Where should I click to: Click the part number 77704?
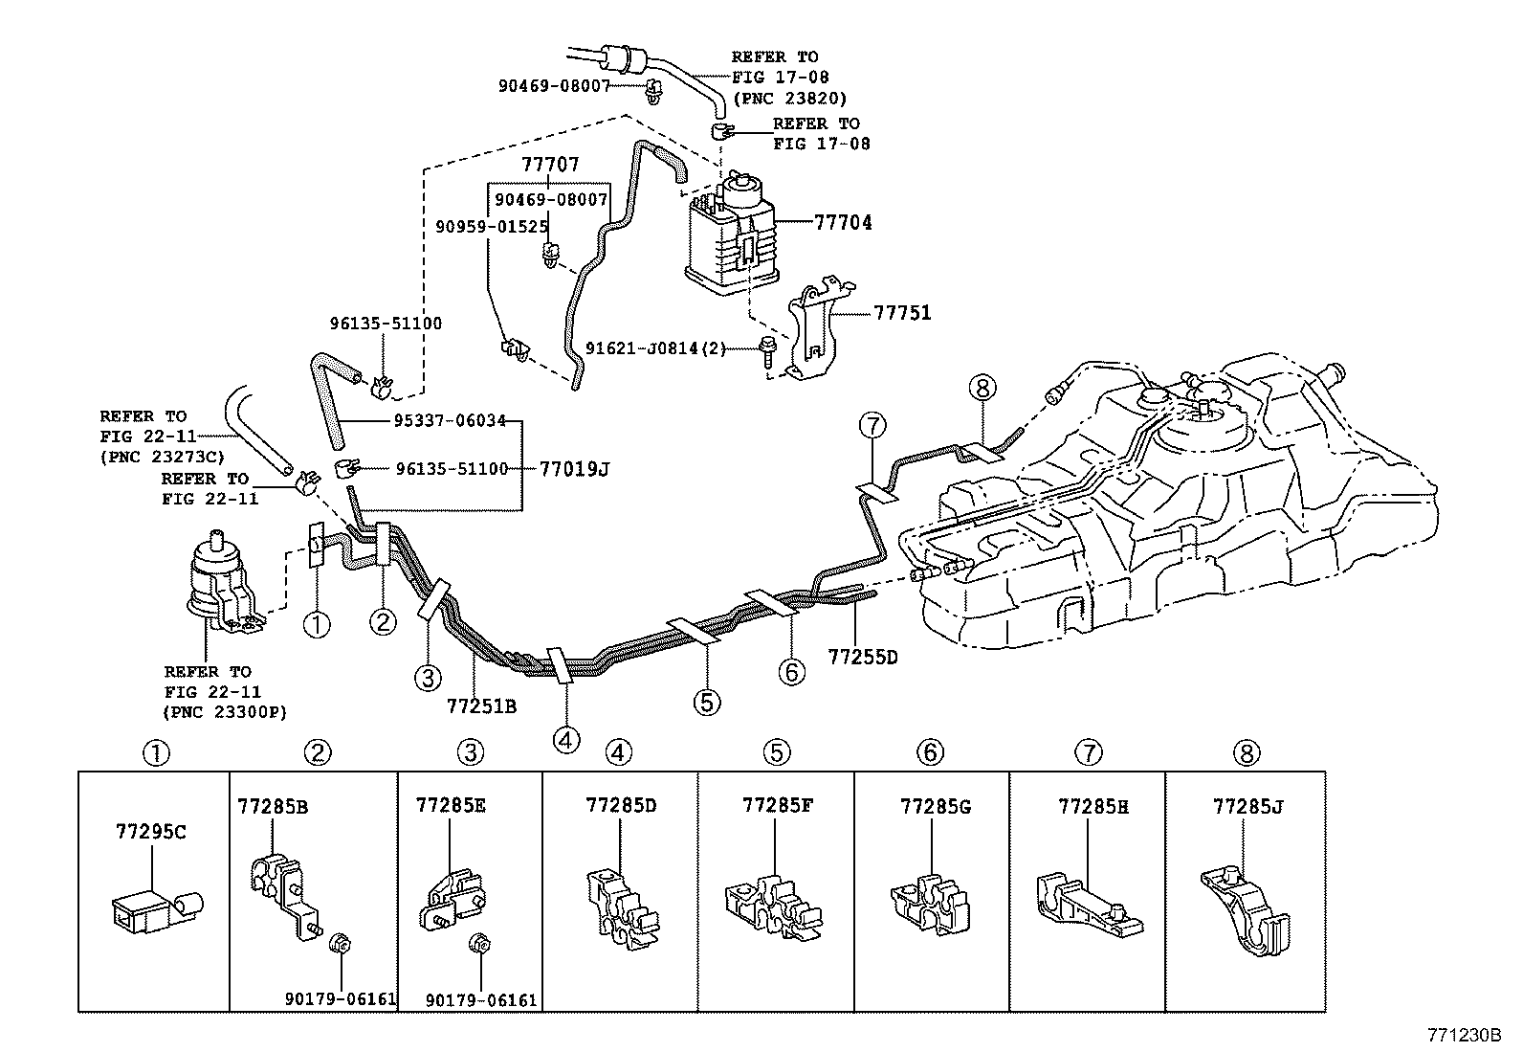point(843,223)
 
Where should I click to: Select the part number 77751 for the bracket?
point(902,313)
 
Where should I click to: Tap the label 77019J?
point(574,469)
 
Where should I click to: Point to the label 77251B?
point(481,706)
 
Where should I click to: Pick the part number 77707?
point(550,166)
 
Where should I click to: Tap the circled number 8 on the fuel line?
point(982,388)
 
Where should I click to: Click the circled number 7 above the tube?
point(873,426)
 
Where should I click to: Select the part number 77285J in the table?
point(1247,806)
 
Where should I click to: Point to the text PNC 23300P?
point(225,711)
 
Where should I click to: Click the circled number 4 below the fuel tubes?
point(566,740)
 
